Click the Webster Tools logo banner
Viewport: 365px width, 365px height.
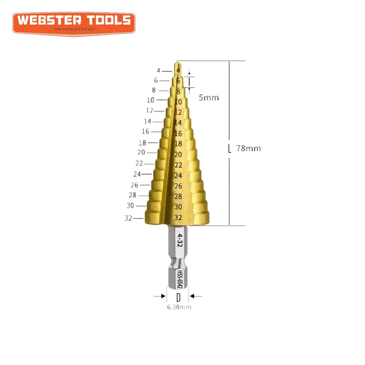(74, 23)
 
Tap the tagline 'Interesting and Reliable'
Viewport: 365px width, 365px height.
(75, 29)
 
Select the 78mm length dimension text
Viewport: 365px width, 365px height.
(248, 148)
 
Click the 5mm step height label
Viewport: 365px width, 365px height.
(209, 98)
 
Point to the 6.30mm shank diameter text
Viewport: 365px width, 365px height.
(179, 307)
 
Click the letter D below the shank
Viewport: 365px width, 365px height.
(178, 297)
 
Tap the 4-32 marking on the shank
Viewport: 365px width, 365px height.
(180, 240)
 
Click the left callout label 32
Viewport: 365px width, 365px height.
(128, 218)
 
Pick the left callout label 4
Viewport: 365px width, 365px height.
(158, 71)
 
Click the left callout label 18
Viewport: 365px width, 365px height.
(142, 143)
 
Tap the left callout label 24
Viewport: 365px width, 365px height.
(137, 174)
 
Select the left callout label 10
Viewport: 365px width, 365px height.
(151, 100)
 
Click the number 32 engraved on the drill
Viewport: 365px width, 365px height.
(178, 217)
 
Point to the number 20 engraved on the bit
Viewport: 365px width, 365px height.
(178, 155)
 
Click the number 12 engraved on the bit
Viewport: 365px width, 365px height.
(178, 112)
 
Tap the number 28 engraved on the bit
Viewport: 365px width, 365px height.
(178, 196)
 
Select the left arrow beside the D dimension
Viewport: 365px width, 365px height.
(159, 296)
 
